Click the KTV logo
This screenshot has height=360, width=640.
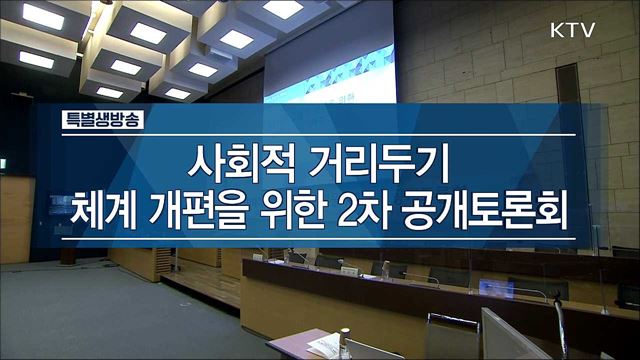coord(572,30)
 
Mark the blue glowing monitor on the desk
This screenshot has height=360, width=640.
coord(496,289)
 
